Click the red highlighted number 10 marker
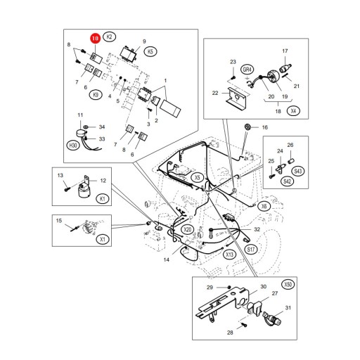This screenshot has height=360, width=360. point(96,39)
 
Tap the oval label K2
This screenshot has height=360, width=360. point(109,37)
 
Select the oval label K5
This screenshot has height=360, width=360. point(150,51)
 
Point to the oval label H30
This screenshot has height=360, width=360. point(73,146)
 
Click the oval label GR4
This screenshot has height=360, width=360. point(247,70)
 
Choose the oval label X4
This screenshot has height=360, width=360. point(293,111)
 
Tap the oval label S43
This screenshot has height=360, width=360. point(297,171)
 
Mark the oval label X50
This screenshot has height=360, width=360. point(288,285)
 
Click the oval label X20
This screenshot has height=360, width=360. point(188,230)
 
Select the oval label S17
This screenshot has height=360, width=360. point(251,249)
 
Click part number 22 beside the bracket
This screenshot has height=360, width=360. point(215,93)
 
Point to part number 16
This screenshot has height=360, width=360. point(265,127)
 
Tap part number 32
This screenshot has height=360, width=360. point(257,229)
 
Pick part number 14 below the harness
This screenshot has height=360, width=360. point(166,259)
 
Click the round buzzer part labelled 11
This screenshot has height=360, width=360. point(81,134)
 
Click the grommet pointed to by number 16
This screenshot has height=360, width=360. point(247,127)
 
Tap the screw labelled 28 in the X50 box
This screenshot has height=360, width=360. point(245,325)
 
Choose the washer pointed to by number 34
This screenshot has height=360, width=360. point(85,127)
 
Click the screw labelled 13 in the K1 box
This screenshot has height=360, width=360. point(67,189)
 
